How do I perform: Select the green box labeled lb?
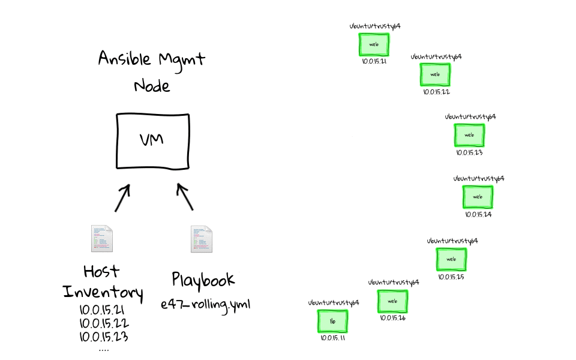pyautogui.click(x=332, y=322)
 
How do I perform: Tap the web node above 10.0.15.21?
pyautogui.click(x=374, y=45)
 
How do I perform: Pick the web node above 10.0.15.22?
pyautogui.click(x=435, y=75)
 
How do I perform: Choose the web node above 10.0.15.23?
pyautogui.click(x=469, y=136)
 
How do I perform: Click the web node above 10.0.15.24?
pyautogui.click(x=478, y=197)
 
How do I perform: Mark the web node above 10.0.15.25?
pyautogui.click(x=451, y=259)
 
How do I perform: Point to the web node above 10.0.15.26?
pyautogui.click(x=392, y=301)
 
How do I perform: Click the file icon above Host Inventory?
pyautogui.click(x=101, y=239)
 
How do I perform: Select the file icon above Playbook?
pyautogui.click(x=201, y=239)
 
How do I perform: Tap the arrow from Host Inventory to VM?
pyautogui.click(x=122, y=197)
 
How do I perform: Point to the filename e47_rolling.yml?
pyautogui.click(x=205, y=304)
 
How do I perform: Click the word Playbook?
pyautogui.click(x=203, y=280)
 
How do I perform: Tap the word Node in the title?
pyautogui.click(x=152, y=86)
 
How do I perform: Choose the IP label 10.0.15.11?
pyautogui.click(x=333, y=338)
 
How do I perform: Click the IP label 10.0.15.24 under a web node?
pyautogui.click(x=478, y=214)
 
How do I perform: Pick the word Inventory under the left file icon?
pyautogui.click(x=103, y=293)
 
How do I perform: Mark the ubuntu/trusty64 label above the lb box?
pyautogui.click(x=334, y=303)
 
